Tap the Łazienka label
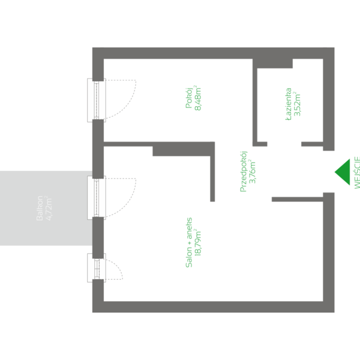pos(289,103)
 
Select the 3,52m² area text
pos(298,103)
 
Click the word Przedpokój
pos(243,172)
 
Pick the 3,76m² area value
pos(253,172)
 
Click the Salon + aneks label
pos(189,242)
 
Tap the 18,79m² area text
pos(199,242)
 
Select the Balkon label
pos(40,208)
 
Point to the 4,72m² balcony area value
pos(50,208)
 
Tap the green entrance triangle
pos(343,172)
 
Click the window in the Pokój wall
pos(96,100)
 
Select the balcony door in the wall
pos(96,197)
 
